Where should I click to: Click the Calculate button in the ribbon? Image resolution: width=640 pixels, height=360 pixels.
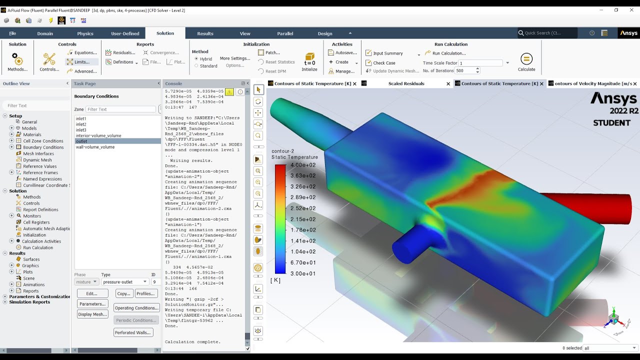point(526,61)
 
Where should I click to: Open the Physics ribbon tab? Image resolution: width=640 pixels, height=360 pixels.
point(85,33)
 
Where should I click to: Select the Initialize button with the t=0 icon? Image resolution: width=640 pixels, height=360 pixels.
point(309,61)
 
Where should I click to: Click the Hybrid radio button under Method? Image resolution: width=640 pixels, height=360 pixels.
point(196,59)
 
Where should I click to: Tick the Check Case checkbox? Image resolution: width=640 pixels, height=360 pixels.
point(368,63)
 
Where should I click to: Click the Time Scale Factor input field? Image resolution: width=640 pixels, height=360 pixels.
point(480,63)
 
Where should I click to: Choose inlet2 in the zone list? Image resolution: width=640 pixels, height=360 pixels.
point(81,124)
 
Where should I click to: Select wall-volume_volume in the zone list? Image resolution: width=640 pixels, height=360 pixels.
point(95,147)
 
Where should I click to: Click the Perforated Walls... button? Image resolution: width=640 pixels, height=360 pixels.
point(133,332)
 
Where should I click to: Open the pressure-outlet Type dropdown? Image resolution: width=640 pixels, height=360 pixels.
point(125,282)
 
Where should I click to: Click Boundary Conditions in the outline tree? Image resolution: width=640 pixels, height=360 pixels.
point(43,147)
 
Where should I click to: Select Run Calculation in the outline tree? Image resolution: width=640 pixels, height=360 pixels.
point(38,247)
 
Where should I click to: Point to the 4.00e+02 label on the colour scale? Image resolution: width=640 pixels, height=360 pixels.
point(304,165)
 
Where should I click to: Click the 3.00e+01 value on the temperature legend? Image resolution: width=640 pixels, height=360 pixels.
point(304,273)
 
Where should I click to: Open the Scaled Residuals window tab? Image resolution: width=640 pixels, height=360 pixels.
point(406,83)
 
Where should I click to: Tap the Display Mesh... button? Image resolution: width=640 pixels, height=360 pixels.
point(93,314)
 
